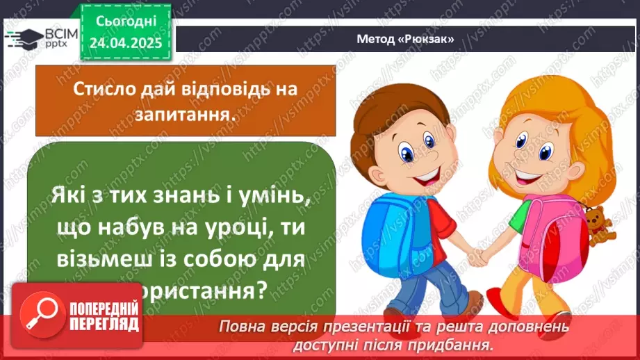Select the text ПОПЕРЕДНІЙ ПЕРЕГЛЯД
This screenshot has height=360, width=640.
(x=104, y=318)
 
